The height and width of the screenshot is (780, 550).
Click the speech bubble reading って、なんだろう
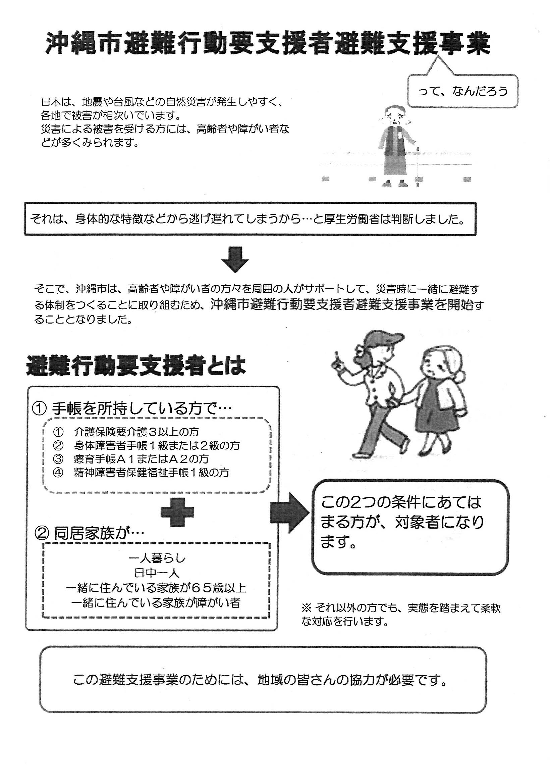click(463, 91)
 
